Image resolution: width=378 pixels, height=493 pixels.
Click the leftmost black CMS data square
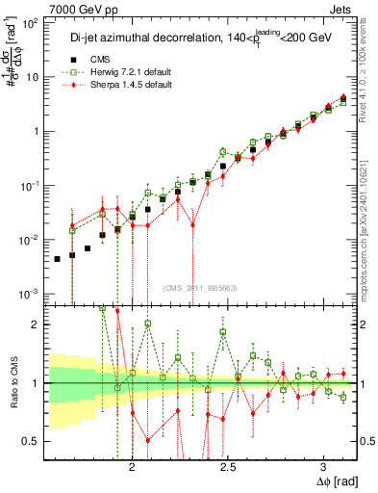click(x=58, y=258)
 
